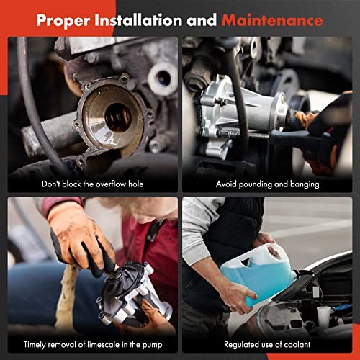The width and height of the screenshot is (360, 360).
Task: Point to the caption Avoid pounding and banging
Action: [x=266, y=184]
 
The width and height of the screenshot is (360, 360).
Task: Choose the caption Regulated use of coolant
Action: [x=266, y=344]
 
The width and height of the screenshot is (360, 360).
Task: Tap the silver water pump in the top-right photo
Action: [x=240, y=108]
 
